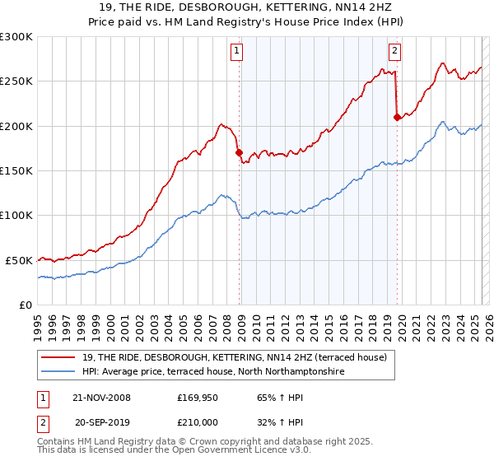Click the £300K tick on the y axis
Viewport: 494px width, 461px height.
[16, 37]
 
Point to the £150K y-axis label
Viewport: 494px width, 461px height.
[16, 171]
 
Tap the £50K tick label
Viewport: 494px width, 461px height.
[19, 260]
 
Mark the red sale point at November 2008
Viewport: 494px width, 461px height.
[239, 152]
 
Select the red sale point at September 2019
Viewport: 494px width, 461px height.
[397, 117]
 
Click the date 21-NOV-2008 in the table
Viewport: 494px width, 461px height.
[101, 398]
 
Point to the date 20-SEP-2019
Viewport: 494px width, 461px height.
[101, 422]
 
